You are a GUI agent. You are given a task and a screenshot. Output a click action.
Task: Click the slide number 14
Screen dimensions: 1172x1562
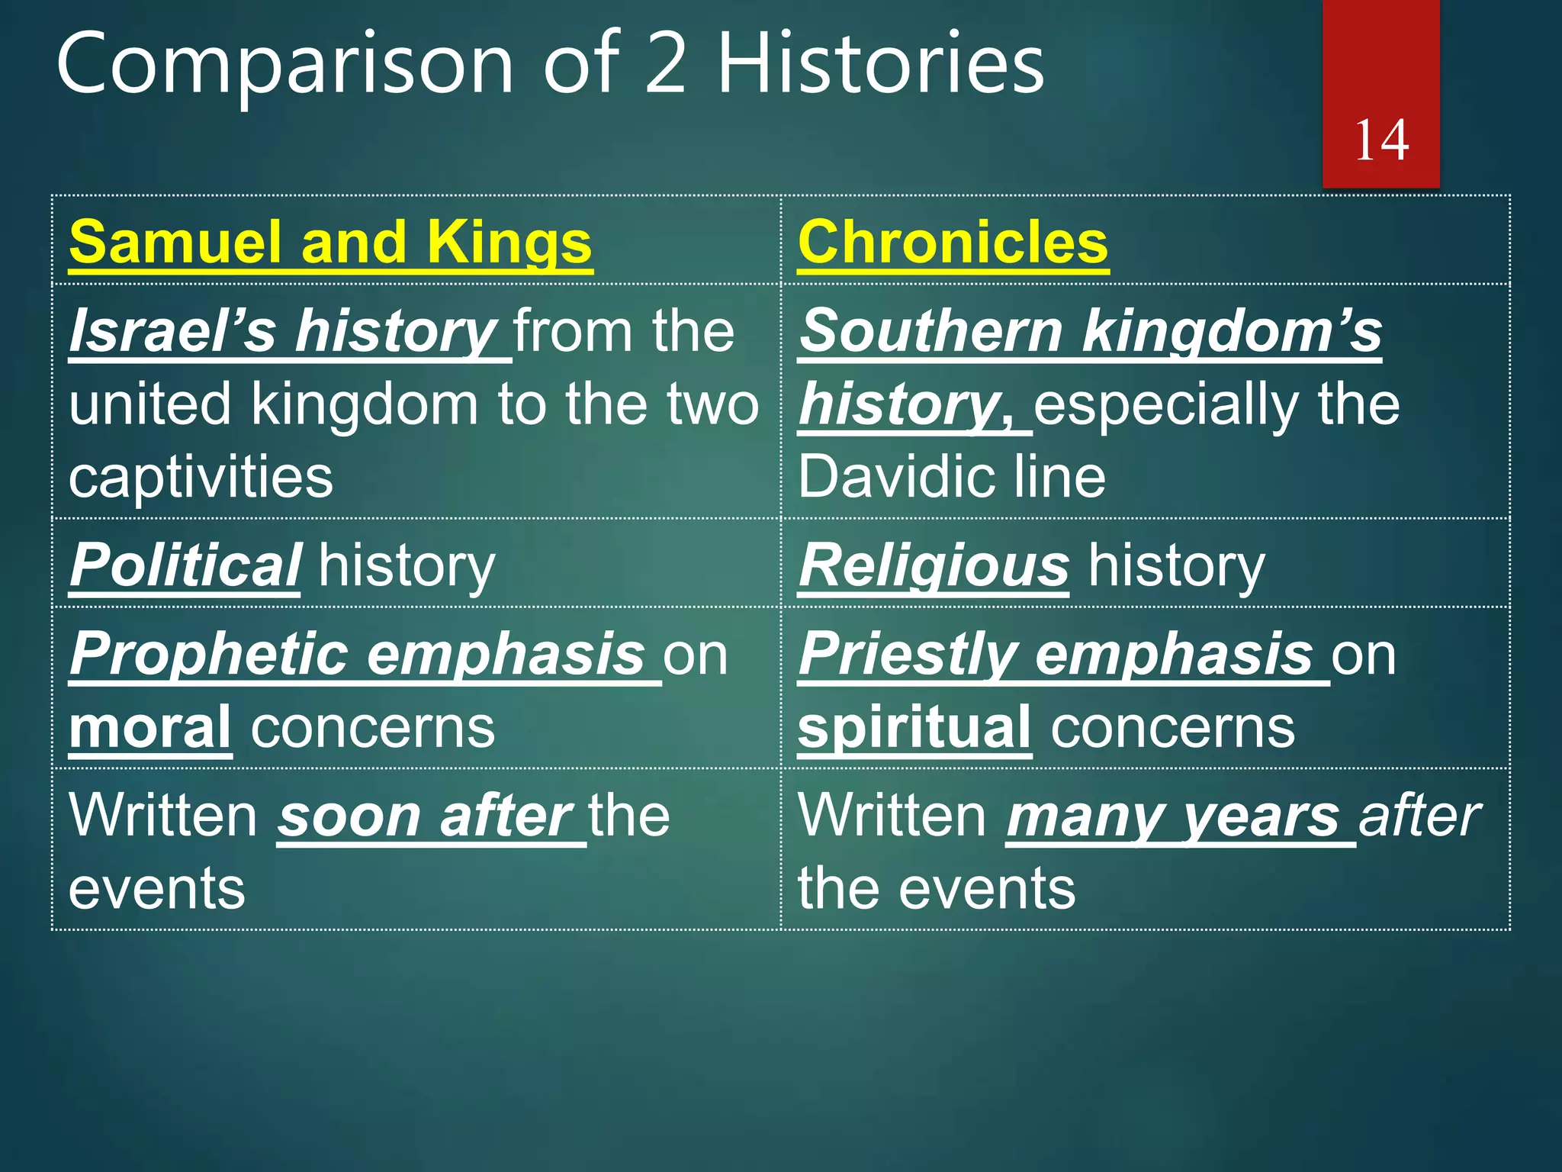[x=1381, y=140]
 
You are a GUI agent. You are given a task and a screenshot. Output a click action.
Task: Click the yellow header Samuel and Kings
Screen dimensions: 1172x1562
[x=330, y=242]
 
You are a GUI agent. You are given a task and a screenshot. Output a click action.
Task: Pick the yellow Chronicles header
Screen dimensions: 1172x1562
[x=953, y=242]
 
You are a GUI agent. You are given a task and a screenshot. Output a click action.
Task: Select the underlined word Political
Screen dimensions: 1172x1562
[x=185, y=565]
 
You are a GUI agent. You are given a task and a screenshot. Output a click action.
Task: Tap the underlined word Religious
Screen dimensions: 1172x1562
[x=934, y=565]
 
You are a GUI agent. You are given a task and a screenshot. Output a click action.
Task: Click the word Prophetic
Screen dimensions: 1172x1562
[x=208, y=655]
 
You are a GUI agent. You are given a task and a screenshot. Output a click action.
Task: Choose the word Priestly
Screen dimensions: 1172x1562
[x=907, y=655]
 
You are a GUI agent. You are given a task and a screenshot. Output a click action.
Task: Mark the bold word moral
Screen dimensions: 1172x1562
[x=150, y=727]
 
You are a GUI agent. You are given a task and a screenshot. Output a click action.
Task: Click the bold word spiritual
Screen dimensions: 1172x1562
[x=914, y=727]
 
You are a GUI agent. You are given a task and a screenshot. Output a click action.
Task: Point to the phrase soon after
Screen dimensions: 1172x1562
[x=425, y=816]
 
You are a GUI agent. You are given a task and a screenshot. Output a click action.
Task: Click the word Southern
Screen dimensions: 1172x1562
[x=930, y=331]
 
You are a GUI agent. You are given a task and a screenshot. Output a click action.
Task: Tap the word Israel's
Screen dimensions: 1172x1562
[x=172, y=331]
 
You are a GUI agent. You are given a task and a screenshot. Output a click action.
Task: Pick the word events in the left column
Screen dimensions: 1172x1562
[x=157, y=889]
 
